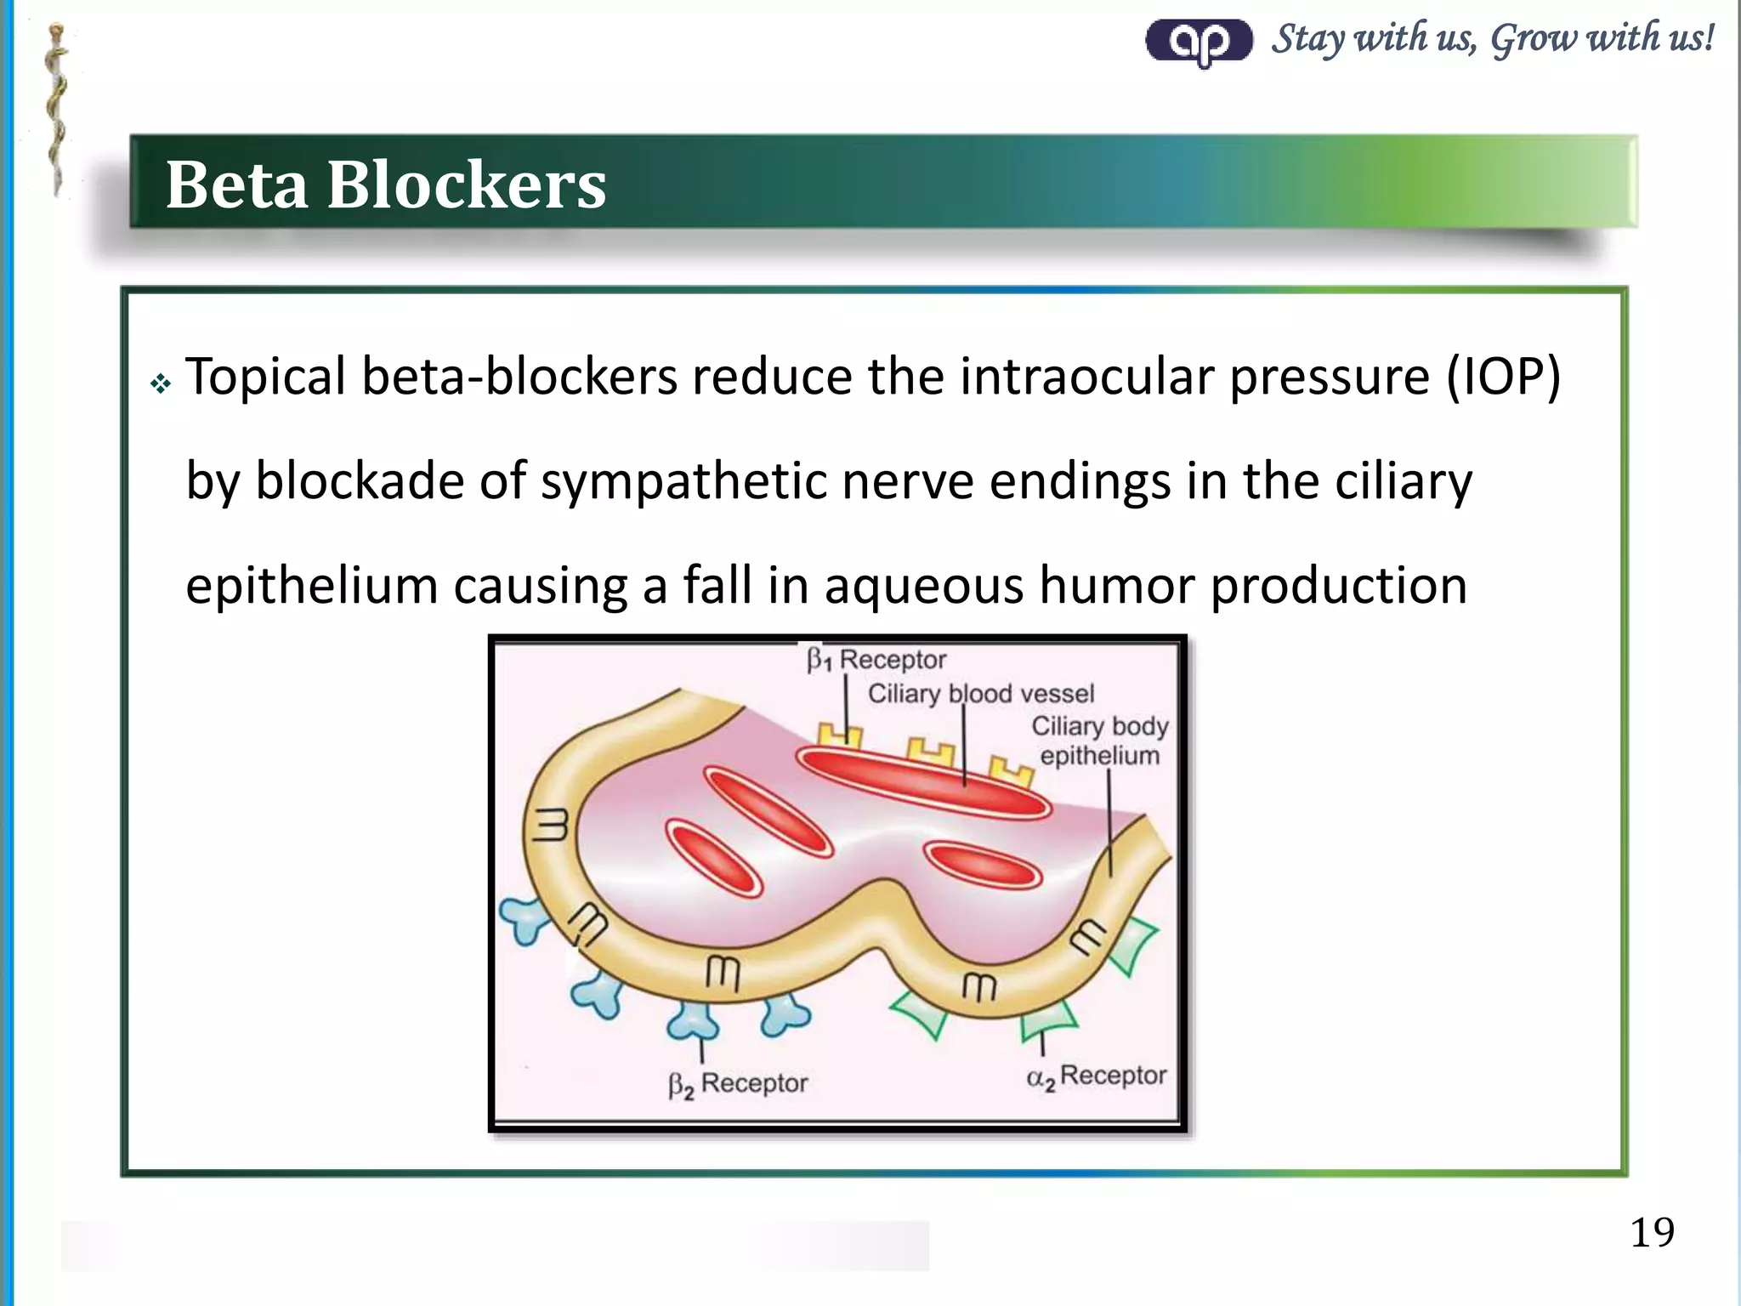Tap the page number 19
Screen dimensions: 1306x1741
(1652, 1232)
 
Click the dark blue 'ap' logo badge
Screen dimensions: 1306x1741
(1199, 41)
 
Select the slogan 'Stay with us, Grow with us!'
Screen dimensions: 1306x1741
(1492, 38)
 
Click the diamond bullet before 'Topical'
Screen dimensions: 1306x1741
(160, 384)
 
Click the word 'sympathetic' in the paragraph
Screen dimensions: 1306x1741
(683, 481)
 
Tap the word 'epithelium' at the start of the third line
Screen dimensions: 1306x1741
(311, 586)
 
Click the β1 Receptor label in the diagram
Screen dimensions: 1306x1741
(876, 660)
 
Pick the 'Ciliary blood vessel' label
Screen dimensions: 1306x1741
(980, 694)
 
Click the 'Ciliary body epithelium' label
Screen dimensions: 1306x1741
(1099, 741)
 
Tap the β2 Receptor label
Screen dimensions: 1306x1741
(737, 1084)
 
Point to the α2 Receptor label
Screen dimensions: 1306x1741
(1096, 1076)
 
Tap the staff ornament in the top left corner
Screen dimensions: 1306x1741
(56, 111)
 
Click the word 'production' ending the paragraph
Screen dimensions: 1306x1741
(1338, 586)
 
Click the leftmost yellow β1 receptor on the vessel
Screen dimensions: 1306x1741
(839, 735)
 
